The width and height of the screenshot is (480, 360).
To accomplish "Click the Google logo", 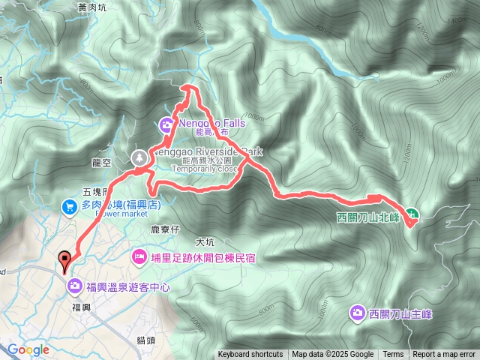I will click(x=28, y=349).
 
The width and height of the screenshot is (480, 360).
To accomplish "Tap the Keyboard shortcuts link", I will click(x=250, y=355).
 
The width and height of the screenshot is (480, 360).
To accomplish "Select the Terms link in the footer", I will click(x=393, y=355).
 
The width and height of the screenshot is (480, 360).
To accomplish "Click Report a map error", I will click(x=444, y=355).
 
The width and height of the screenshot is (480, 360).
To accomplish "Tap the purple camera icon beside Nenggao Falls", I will click(x=166, y=124).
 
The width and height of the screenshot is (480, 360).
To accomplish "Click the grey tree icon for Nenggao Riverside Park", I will click(x=139, y=157).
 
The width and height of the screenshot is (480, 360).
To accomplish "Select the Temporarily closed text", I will click(x=205, y=169).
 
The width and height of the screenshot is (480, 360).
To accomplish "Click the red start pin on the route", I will click(x=65, y=259).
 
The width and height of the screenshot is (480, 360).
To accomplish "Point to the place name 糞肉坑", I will click(x=92, y=7).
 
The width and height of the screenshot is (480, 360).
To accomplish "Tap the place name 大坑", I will click(x=205, y=242).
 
